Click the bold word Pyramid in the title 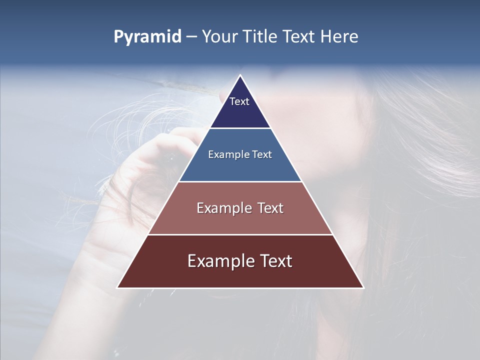click(147, 37)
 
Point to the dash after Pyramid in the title click(191, 37)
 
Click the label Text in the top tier click(239, 101)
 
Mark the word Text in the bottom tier click(275, 261)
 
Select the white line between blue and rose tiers click(240, 181)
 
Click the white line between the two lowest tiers click(240, 234)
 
